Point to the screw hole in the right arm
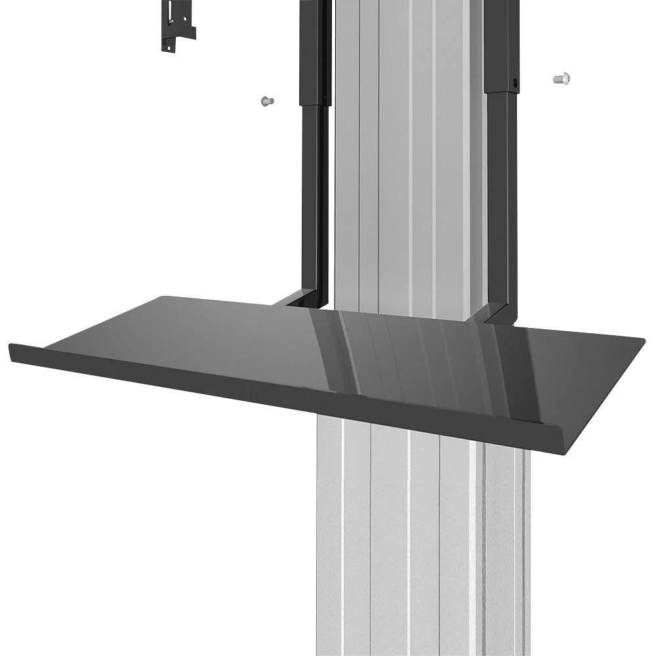[x=515, y=83]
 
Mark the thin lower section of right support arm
[x=498, y=197]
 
